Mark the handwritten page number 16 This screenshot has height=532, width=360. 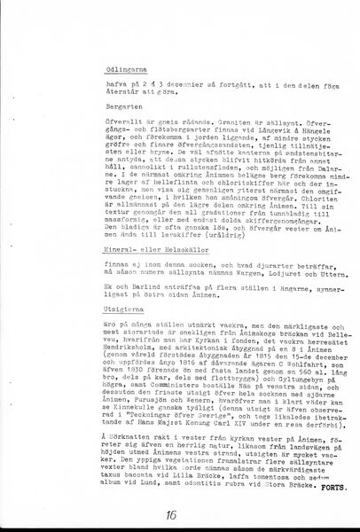click(170, 513)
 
